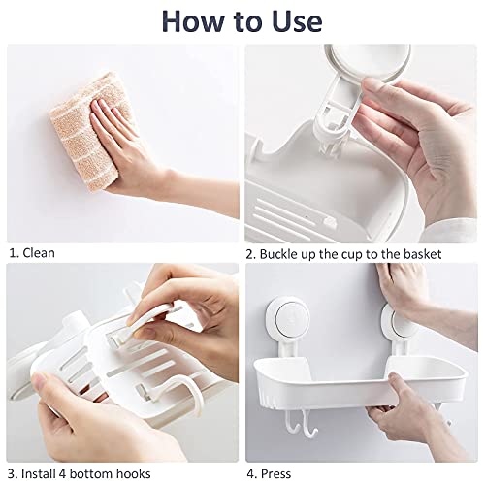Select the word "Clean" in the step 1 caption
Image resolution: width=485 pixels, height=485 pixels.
[x=39, y=253]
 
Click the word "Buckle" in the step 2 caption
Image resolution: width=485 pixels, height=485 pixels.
[x=282, y=253]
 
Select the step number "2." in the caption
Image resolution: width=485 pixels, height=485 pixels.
[x=251, y=253]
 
